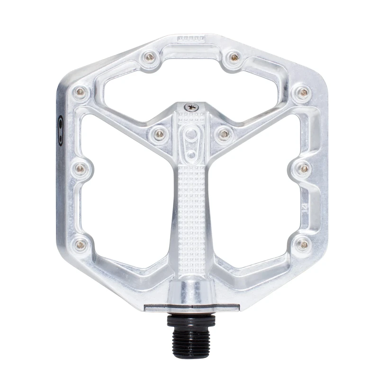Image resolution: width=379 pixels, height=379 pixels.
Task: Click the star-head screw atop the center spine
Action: (x=191, y=107)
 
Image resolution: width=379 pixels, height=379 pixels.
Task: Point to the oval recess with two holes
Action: (x=190, y=142)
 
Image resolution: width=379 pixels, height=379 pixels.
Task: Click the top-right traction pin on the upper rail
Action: (x=234, y=58)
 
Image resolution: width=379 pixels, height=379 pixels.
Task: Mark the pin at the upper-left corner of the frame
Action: (x=81, y=91)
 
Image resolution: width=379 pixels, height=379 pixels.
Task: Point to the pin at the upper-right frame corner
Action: (x=302, y=92)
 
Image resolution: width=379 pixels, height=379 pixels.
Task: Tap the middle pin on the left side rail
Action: (x=81, y=168)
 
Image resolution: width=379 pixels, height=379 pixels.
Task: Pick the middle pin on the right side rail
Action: (x=303, y=168)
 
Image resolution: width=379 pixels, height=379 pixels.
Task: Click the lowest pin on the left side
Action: (x=81, y=244)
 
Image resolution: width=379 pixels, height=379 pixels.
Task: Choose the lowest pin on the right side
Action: (x=302, y=244)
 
